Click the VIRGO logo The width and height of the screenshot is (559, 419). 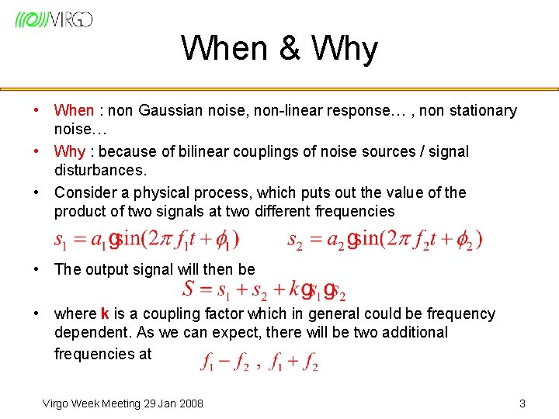pos(54,19)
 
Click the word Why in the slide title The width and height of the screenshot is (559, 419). pos(344,49)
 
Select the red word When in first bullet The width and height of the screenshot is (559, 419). pos(74,111)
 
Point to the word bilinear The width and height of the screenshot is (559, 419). pos(201,151)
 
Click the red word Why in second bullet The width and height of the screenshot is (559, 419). pos(69,151)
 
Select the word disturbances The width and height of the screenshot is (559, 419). pos(98,169)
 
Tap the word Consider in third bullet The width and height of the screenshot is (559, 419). pos(84,192)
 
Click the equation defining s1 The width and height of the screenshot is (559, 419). pos(146,239)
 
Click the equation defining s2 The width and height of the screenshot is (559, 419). pos(384,239)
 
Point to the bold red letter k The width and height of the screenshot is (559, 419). pos(105,314)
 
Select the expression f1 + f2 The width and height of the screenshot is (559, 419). pos(293,362)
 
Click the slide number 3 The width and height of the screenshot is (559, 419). pos(522,403)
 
